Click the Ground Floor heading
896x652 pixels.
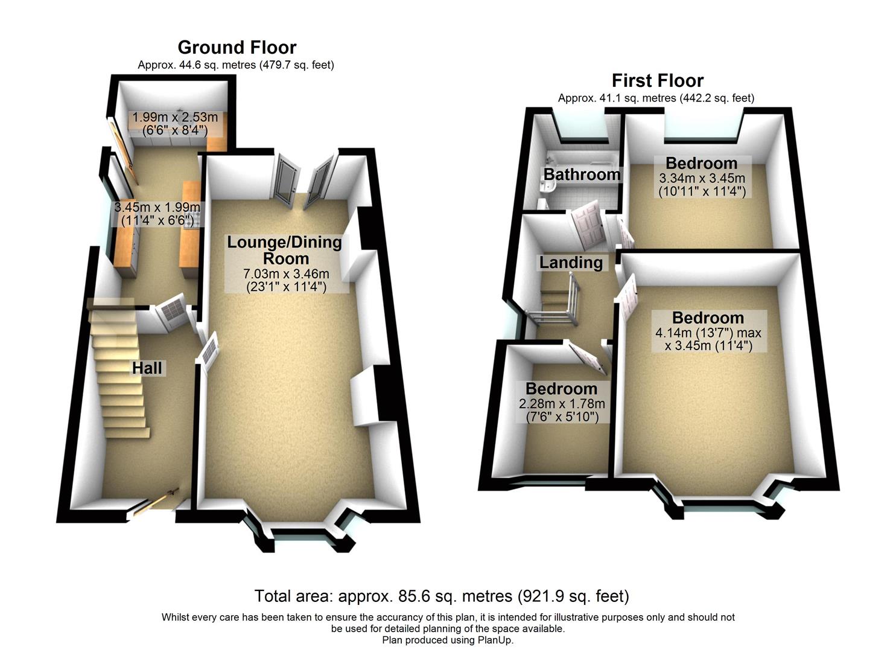coord(237,47)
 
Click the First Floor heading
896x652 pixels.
coord(657,80)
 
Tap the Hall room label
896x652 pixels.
coord(147,368)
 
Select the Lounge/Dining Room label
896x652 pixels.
coord(284,251)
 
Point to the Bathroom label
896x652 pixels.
coord(582,174)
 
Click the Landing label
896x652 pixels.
coord(571,263)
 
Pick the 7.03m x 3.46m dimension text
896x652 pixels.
coord(287,275)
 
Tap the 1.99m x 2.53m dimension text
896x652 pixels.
coord(175,117)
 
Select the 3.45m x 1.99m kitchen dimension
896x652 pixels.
coord(157,207)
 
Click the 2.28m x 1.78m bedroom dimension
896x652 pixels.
coord(562,404)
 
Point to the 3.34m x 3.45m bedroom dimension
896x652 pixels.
coord(702,179)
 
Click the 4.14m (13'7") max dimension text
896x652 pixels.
coord(708,333)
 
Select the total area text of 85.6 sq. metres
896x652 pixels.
coord(441,596)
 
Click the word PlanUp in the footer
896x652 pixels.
coord(494,640)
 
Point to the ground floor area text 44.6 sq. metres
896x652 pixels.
coord(235,65)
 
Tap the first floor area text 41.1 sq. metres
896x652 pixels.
coord(656,98)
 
